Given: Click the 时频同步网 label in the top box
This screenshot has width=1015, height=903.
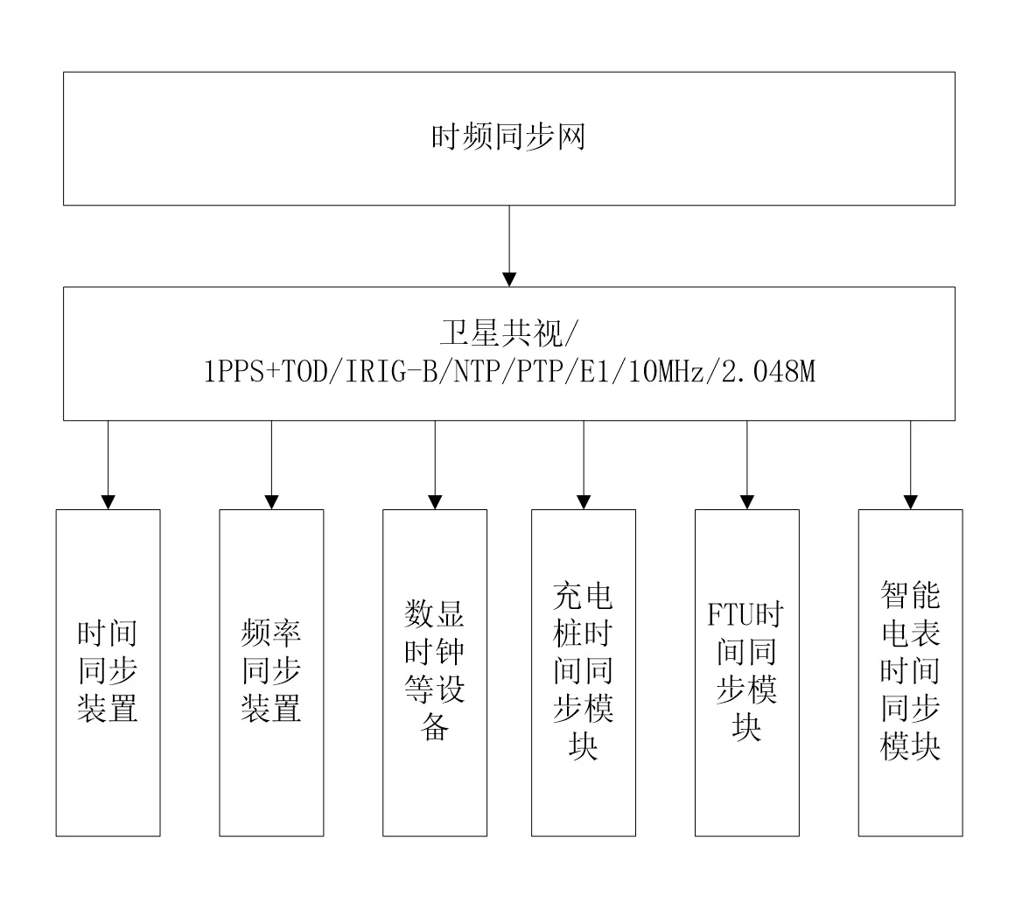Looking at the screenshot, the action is pyautogui.click(x=508, y=137).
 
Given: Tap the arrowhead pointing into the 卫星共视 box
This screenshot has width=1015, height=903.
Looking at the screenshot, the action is pyautogui.click(x=509, y=280).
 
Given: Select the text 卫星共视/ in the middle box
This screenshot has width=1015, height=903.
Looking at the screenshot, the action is pyautogui.click(x=508, y=333).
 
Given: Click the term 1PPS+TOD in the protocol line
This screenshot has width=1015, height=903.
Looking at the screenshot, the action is pyautogui.click(x=265, y=372).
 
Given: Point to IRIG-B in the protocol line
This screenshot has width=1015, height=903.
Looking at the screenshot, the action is pyautogui.click(x=392, y=372).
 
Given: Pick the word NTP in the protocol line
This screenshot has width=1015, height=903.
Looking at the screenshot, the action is pyautogui.click(x=476, y=372).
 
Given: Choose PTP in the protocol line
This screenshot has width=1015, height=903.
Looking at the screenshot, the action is pyautogui.click(x=539, y=372).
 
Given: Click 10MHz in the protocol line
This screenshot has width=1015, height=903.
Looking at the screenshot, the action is pyautogui.click(x=666, y=372).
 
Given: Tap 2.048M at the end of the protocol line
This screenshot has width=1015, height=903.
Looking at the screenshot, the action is pyautogui.click(x=768, y=372).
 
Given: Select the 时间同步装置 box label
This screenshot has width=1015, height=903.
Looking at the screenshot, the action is pyautogui.click(x=108, y=671).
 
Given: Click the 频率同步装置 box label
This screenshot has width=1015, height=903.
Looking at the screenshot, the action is pyautogui.click(x=271, y=671).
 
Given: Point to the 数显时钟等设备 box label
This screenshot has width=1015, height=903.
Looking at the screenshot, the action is pyautogui.click(x=434, y=670).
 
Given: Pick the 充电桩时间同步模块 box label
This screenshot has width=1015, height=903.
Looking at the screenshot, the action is pyautogui.click(x=584, y=670).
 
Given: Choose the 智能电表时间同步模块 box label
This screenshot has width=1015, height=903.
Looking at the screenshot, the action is pyautogui.click(x=910, y=670).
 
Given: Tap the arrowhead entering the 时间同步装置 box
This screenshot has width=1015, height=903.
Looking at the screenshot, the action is pyautogui.click(x=108, y=502).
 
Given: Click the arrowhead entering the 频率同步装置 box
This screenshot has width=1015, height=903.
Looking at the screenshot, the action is pyautogui.click(x=272, y=502).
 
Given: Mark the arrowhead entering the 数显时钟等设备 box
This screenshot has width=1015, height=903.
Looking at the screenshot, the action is pyautogui.click(x=435, y=502).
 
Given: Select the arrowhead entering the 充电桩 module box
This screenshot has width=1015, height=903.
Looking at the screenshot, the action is pyautogui.click(x=584, y=502).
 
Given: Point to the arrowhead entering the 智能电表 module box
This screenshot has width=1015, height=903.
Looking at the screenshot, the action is pyautogui.click(x=911, y=502).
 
